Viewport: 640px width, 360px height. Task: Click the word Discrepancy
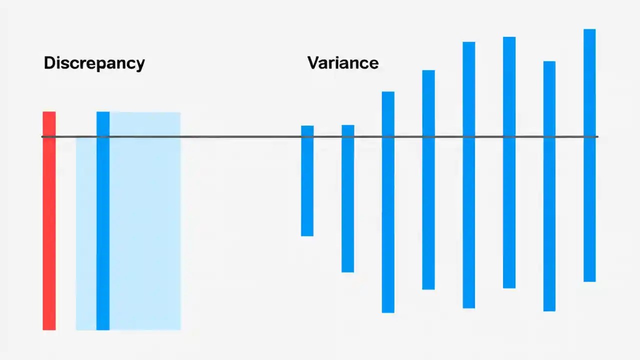click(x=94, y=63)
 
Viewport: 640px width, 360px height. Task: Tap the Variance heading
click(x=343, y=63)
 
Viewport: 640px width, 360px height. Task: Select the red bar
click(x=49, y=220)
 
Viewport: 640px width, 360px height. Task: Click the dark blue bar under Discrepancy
click(x=103, y=220)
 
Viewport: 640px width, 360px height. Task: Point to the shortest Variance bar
click(x=307, y=180)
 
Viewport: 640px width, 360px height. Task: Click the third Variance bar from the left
click(x=388, y=202)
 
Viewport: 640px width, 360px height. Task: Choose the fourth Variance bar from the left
click(x=428, y=179)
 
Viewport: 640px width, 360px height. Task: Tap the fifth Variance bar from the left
click(x=468, y=175)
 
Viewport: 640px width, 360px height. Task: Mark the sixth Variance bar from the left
click(x=509, y=162)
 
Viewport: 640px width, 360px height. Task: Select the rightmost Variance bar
click(x=589, y=155)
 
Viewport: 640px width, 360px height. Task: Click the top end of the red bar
click(x=49, y=113)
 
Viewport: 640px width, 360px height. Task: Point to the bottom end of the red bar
click(x=49, y=328)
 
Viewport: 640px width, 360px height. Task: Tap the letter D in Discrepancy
click(x=49, y=63)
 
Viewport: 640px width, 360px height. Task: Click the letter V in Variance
click(x=313, y=63)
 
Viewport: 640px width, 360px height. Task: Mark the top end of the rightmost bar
click(x=589, y=30)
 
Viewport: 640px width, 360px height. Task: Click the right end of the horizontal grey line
click(x=596, y=136)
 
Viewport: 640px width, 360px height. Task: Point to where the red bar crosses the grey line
click(x=49, y=136)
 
